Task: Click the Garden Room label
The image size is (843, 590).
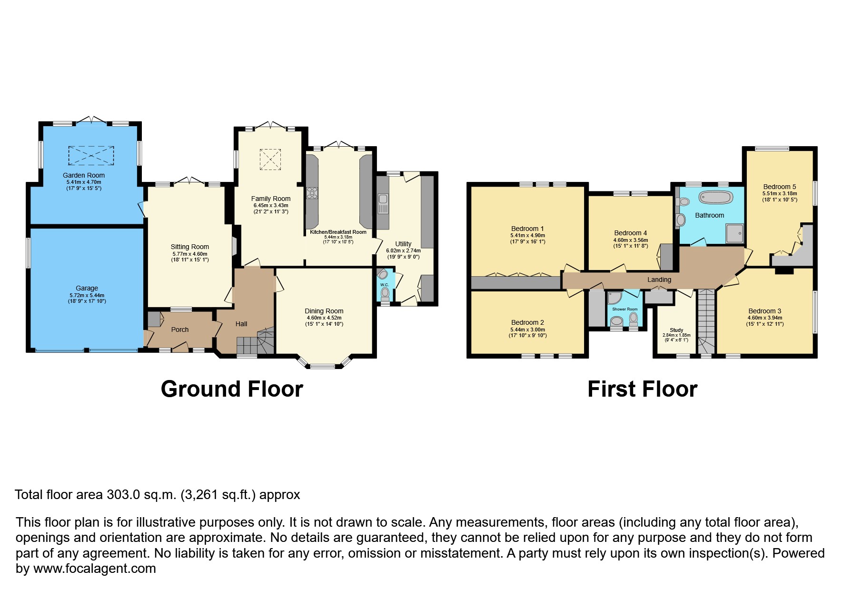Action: coord(83,175)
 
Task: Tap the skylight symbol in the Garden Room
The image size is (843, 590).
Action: coord(91,156)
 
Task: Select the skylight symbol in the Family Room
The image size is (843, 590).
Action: coord(270,159)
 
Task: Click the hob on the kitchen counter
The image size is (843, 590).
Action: coord(312,192)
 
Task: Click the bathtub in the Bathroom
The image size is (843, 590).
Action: coord(715,198)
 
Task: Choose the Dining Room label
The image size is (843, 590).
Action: coord(324,311)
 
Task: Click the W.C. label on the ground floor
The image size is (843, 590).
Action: coord(384,285)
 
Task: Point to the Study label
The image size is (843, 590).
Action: coord(676,330)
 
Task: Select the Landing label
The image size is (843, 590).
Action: coord(659,280)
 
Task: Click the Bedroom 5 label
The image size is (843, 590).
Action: coord(779,187)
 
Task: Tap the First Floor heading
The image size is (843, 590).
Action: coord(642,389)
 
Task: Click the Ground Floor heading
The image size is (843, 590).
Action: coord(232,389)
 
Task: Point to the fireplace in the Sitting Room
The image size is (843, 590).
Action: coord(234,247)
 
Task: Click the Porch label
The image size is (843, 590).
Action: coord(180,330)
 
